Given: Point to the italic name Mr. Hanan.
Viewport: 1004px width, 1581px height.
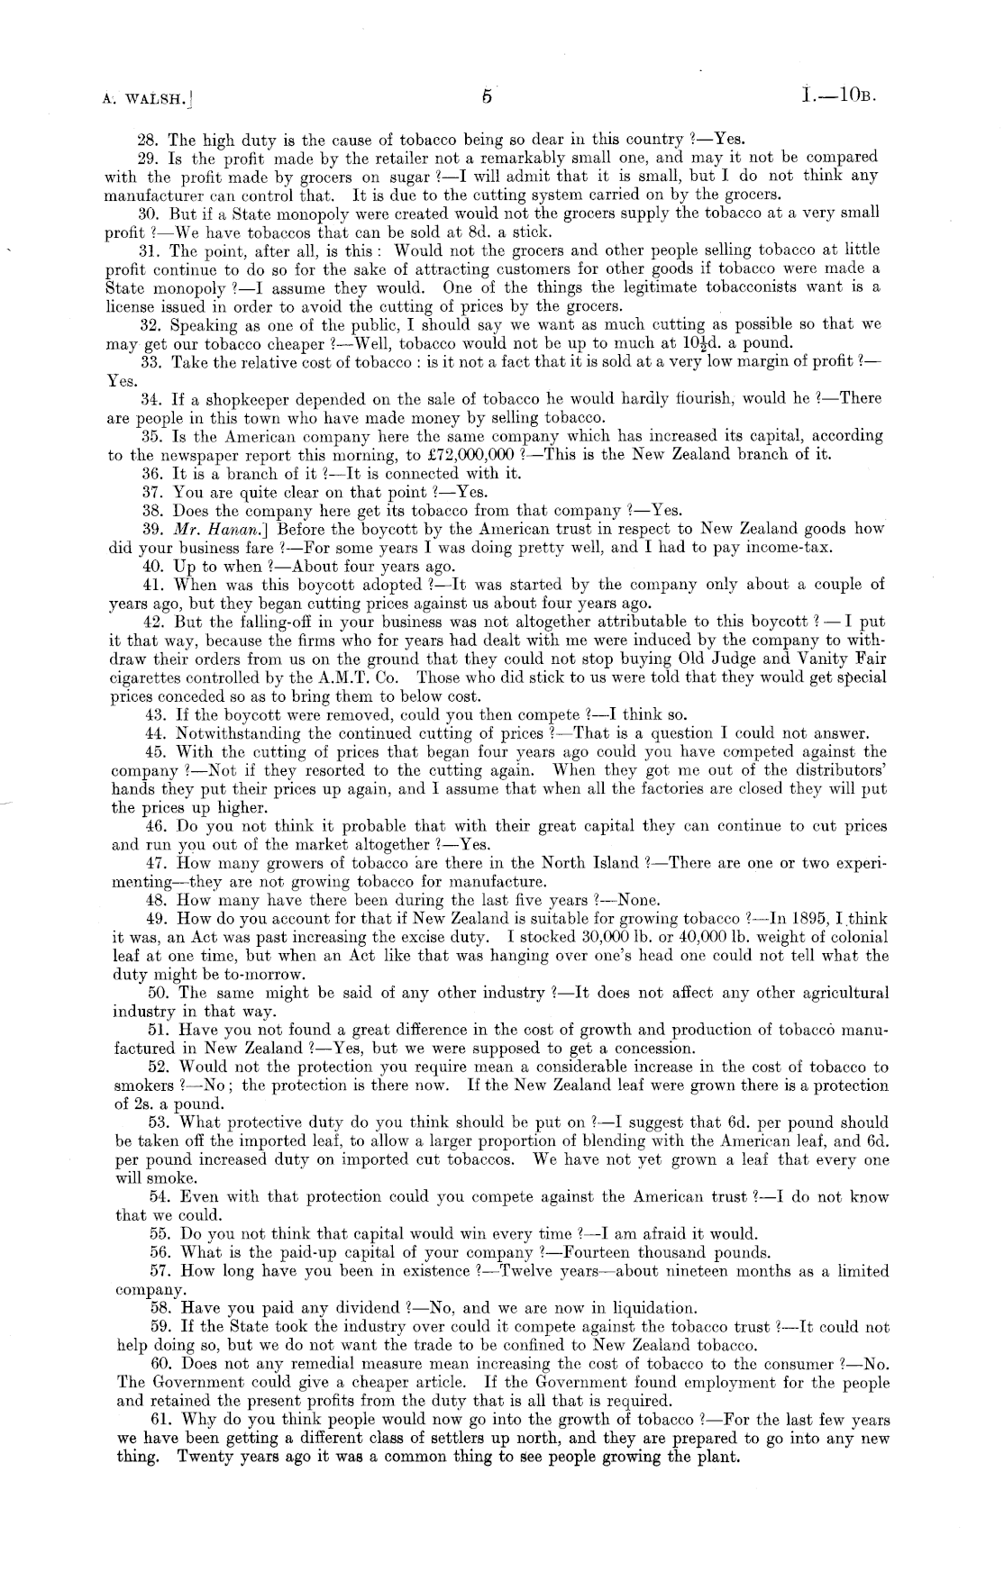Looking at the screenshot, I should pyautogui.click(x=215, y=530).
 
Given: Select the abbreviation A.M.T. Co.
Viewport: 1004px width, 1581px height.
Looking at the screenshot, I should pyautogui.click(x=358, y=678).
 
